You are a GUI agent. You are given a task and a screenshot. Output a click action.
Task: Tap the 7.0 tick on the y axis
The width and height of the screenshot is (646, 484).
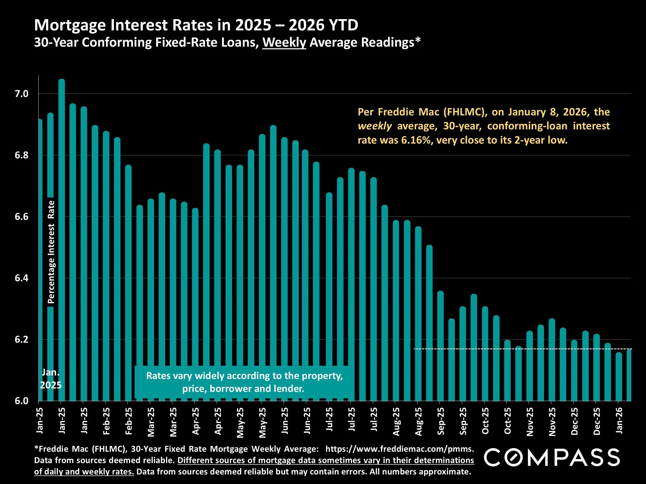(22, 94)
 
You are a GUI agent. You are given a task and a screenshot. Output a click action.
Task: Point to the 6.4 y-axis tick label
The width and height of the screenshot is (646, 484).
(22, 278)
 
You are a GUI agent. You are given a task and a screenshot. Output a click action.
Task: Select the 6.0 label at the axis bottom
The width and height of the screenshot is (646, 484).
(22, 401)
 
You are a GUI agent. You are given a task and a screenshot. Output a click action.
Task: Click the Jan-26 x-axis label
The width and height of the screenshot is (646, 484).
(619, 420)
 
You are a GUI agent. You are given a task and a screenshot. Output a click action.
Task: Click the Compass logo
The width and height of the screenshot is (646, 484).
(552, 457)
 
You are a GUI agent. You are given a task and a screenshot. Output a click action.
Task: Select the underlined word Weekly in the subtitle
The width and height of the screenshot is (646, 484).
(284, 43)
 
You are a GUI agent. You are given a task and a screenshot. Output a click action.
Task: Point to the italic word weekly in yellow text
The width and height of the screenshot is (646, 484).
(375, 126)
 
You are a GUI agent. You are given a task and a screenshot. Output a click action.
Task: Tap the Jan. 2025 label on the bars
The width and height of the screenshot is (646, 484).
(51, 379)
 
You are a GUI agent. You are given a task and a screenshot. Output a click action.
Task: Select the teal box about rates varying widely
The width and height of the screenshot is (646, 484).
(244, 382)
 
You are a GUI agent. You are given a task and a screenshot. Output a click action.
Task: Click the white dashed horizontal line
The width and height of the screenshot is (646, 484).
(467, 349)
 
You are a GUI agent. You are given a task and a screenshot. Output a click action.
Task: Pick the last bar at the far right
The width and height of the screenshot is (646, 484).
(629, 376)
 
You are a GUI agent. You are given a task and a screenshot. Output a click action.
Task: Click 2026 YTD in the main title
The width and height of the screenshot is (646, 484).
(323, 25)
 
